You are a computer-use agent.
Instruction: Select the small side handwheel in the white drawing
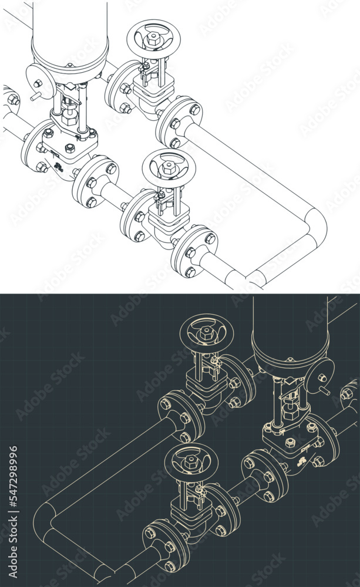(38, 76)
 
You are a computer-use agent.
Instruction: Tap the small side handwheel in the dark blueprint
(321, 373)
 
